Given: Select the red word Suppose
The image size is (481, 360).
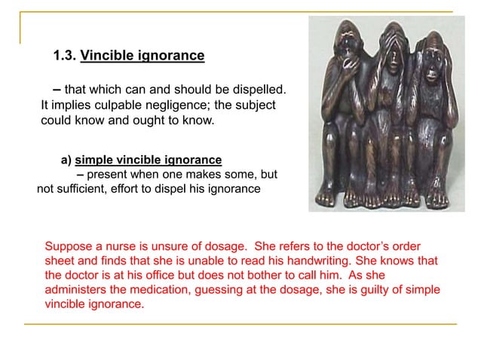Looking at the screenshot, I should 68,247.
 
